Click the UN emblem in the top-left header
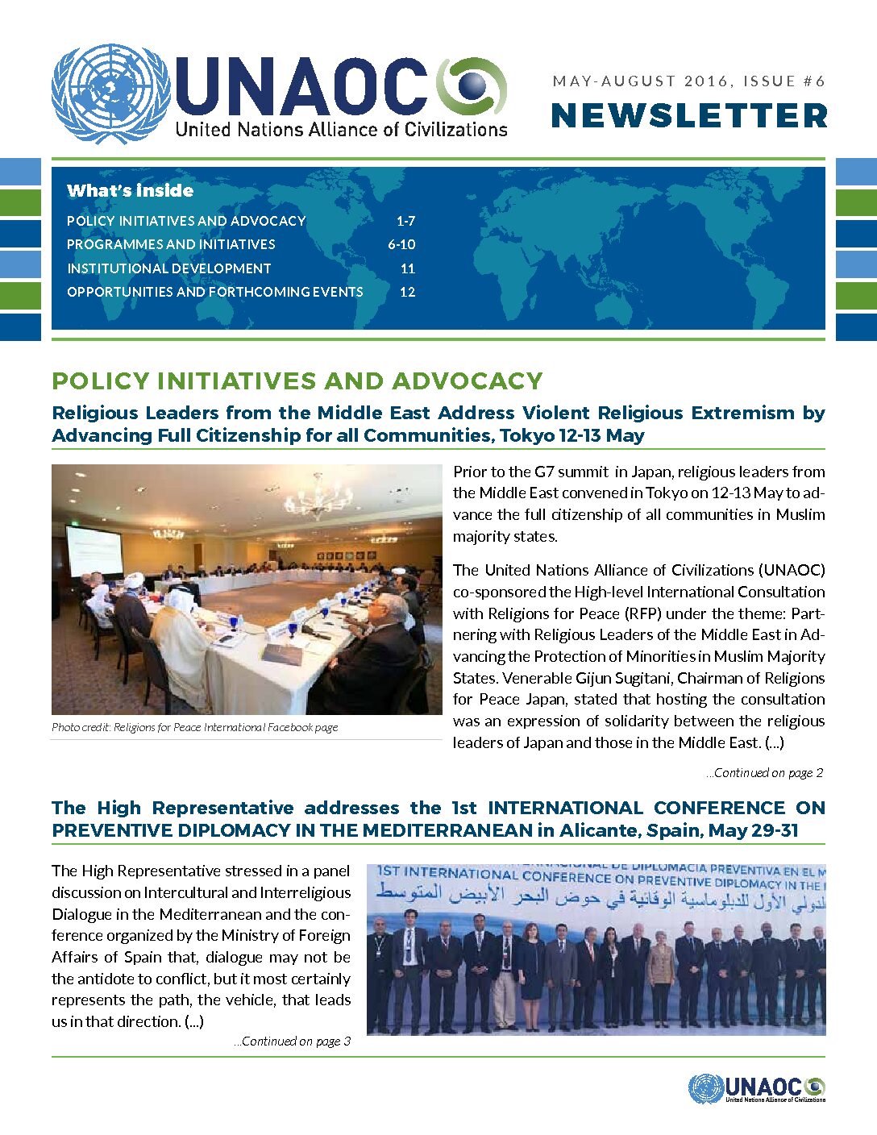pyautogui.click(x=110, y=94)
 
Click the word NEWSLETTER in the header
pyautogui.click(x=689, y=115)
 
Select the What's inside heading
pyautogui.click(x=130, y=191)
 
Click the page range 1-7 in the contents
pyautogui.click(x=405, y=221)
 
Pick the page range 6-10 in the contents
pyautogui.click(x=401, y=244)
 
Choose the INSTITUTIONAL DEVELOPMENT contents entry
pyautogui.click(x=168, y=268)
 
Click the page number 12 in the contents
pyautogui.click(x=407, y=292)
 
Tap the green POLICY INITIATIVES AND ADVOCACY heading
pyautogui.click(x=297, y=380)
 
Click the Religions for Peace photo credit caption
pyautogui.click(x=194, y=727)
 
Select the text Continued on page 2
pyautogui.click(x=765, y=772)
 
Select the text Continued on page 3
pyautogui.click(x=293, y=1041)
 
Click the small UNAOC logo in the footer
pyautogui.click(x=757, y=1088)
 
